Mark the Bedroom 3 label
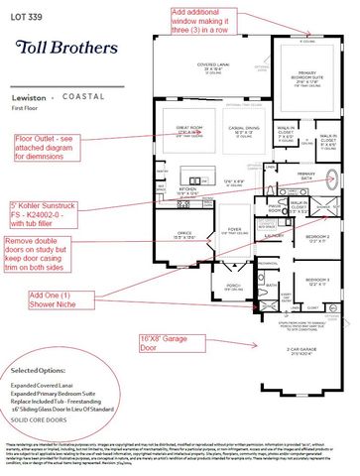pos(315,280)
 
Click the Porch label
pos(233,285)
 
